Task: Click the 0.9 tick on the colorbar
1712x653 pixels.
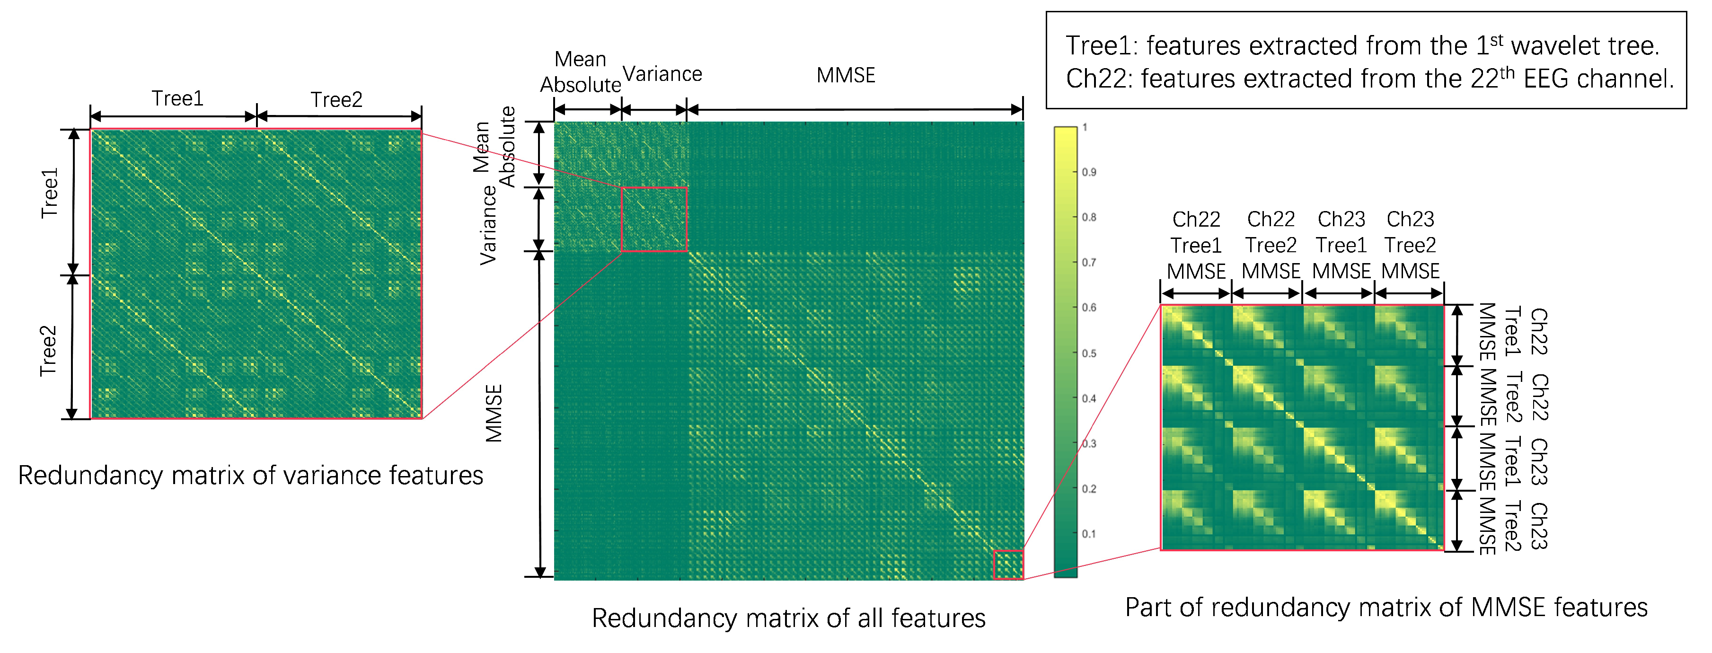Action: click(1089, 172)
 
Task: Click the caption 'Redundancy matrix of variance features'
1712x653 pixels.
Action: click(250, 476)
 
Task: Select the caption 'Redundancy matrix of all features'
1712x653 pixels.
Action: click(788, 618)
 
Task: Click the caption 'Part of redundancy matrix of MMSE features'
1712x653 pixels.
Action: click(1385, 607)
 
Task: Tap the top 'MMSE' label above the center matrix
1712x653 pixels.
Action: click(846, 76)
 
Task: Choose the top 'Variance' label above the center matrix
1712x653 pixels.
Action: click(662, 74)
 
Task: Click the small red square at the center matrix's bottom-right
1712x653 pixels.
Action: click(1008, 565)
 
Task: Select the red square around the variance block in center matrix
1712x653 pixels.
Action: click(654, 219)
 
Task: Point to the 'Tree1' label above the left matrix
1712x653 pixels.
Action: click(177, 98)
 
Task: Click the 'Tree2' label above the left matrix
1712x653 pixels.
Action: click(336, 100)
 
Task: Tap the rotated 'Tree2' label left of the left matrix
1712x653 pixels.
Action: click(48, 351)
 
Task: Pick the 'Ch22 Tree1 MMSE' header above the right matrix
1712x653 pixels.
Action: click(1196, 245)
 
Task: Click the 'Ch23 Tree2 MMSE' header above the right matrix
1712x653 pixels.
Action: click(1410, 245)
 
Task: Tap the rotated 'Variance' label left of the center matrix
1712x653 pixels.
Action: click(488, 225)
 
